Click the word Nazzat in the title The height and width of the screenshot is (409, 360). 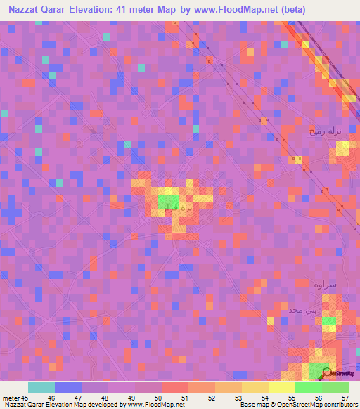(x=28, y=11)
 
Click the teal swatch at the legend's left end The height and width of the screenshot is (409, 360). (x=41, y=387)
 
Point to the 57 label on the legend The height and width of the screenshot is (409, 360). (x=345, y=397)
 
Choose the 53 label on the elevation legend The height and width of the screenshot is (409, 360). (x=238, y=397)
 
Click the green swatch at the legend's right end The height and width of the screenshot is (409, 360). (x=335, y=387)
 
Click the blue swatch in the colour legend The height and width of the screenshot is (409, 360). (x=68, y=387)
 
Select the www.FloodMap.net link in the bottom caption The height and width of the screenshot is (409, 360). (x=155, y=405)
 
